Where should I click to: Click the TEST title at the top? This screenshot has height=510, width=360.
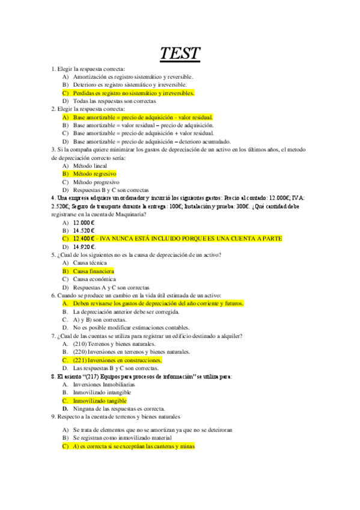click(x=180, y=54)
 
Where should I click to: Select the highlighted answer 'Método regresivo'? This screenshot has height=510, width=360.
click(x=94, y=173)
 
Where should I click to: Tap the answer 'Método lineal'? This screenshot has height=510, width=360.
click(x=90, y=165)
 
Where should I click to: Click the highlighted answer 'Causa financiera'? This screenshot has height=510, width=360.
click(x=93, y=271)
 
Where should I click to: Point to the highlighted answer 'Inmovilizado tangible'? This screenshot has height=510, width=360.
click(x=100, y=401)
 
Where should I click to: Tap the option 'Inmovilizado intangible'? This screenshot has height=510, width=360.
click(x=102, y=392)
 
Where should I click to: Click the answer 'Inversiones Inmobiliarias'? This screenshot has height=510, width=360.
click(x=104, y=384)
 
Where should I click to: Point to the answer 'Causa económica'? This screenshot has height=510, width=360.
click(x=93, y=279)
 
